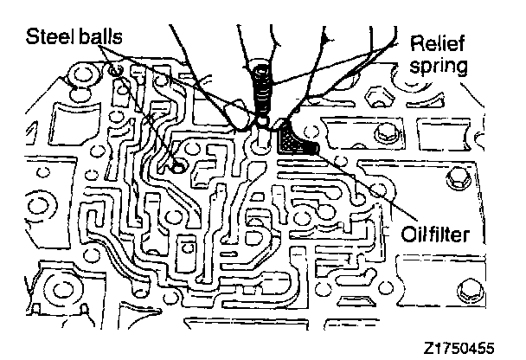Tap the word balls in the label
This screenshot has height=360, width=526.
[96, 37]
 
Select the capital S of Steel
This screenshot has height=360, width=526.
[32, 37]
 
